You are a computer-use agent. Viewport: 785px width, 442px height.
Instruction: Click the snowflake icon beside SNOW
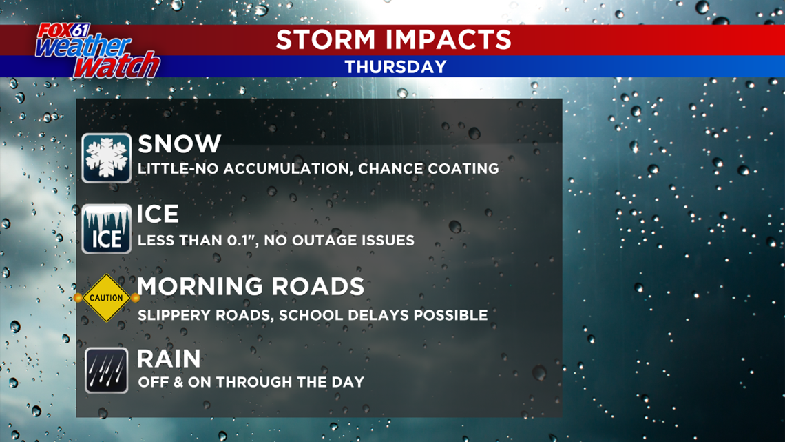click(x=106, y=158)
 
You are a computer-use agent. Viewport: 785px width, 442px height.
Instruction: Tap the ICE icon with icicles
click(x=106, y=230)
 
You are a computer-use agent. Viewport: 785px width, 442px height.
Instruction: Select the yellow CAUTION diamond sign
click(x=106, y=299)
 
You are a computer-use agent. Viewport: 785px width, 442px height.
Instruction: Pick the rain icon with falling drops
click(x=106, y=370)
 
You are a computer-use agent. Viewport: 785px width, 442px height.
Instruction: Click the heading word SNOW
click(x=179, y=144)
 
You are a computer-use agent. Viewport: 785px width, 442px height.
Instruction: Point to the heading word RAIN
click(x=169, y=359)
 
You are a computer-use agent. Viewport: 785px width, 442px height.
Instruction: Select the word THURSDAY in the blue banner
click(x=395, y=67)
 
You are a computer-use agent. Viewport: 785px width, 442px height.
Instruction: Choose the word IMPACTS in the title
click(x=449, y=39)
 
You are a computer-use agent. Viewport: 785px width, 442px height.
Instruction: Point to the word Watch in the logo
click(x=117, y=66)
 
